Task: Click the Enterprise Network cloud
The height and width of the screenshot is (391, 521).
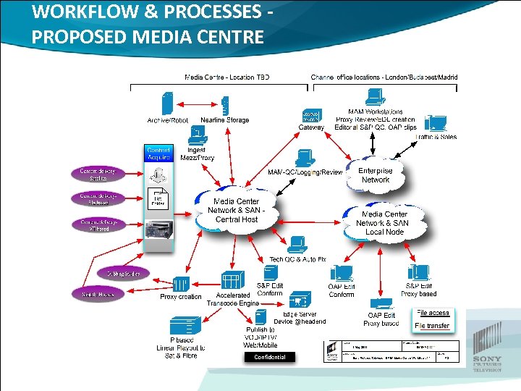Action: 375,175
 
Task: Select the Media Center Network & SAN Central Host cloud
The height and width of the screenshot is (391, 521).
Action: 237,210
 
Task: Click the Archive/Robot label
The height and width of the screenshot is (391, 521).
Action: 168,120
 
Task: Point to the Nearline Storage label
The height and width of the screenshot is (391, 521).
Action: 224,120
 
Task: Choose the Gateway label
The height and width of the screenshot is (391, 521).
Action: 311,127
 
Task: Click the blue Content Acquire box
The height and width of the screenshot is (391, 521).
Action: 158,153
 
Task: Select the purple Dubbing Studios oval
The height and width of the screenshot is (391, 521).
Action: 124,273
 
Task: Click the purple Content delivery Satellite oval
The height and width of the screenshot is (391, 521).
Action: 98,175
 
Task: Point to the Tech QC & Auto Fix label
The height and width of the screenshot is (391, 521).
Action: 297,259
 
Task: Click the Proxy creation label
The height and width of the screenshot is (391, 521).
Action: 181,297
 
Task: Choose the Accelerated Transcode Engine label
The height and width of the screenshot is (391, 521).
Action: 232,300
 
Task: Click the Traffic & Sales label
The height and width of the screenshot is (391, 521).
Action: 436,136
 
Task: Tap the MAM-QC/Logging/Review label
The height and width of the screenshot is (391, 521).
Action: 305,172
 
